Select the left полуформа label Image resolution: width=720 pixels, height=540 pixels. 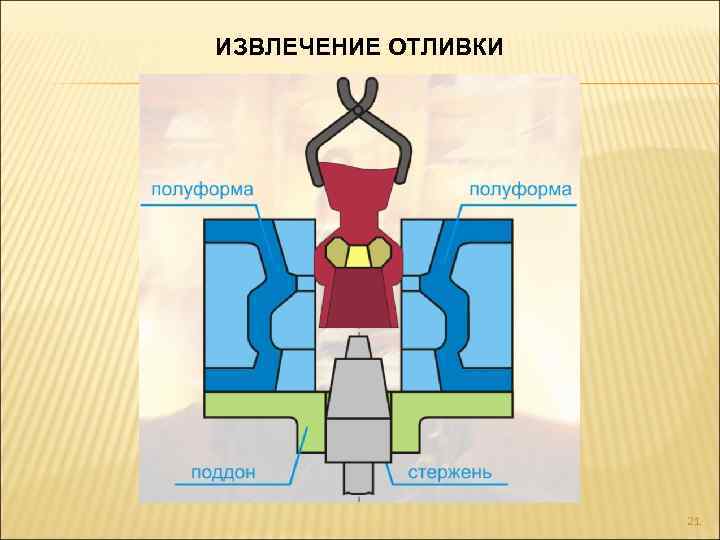point(202,189)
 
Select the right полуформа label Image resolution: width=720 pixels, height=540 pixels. point(520,189)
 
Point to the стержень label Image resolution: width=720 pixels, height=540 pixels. point(449,471)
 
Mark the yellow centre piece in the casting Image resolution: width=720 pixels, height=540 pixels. point(358,256)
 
